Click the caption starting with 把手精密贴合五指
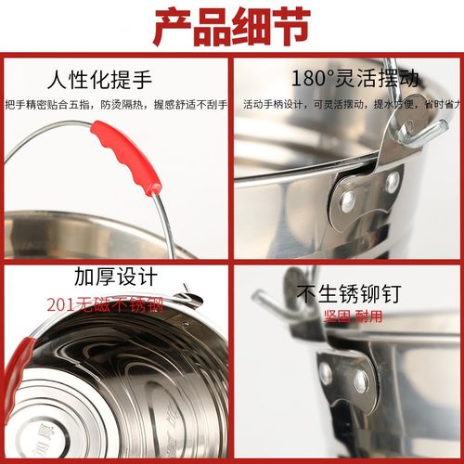[115, 104]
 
